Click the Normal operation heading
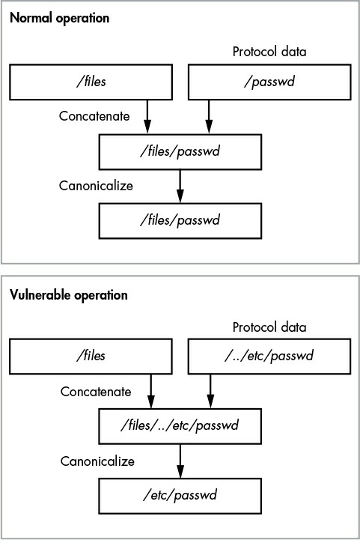click(60, 18)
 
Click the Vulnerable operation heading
click(69, 295)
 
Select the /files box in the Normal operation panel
click(91, 82)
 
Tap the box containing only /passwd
click(269, 82)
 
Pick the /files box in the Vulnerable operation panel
click(91, 356)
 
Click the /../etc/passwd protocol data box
click(269, 356)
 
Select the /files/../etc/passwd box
click(180, 426)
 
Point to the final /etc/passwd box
click(180, 496)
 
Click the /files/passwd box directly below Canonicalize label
click(180, 221)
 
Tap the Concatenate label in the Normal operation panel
click(94, 116)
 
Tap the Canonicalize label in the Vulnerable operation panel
click(97, 461)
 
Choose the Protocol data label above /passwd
click(269, 52)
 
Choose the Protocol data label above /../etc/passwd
click(269, 327)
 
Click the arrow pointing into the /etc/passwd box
click(180, 461)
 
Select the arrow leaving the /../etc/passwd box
click(210, 391)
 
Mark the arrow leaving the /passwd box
click(209, 117)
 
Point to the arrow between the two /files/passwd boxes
click(180, 186)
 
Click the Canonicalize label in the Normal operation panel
click(96, 186)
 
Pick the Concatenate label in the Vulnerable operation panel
click(96, 392)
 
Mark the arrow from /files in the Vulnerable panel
click(150, 391)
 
